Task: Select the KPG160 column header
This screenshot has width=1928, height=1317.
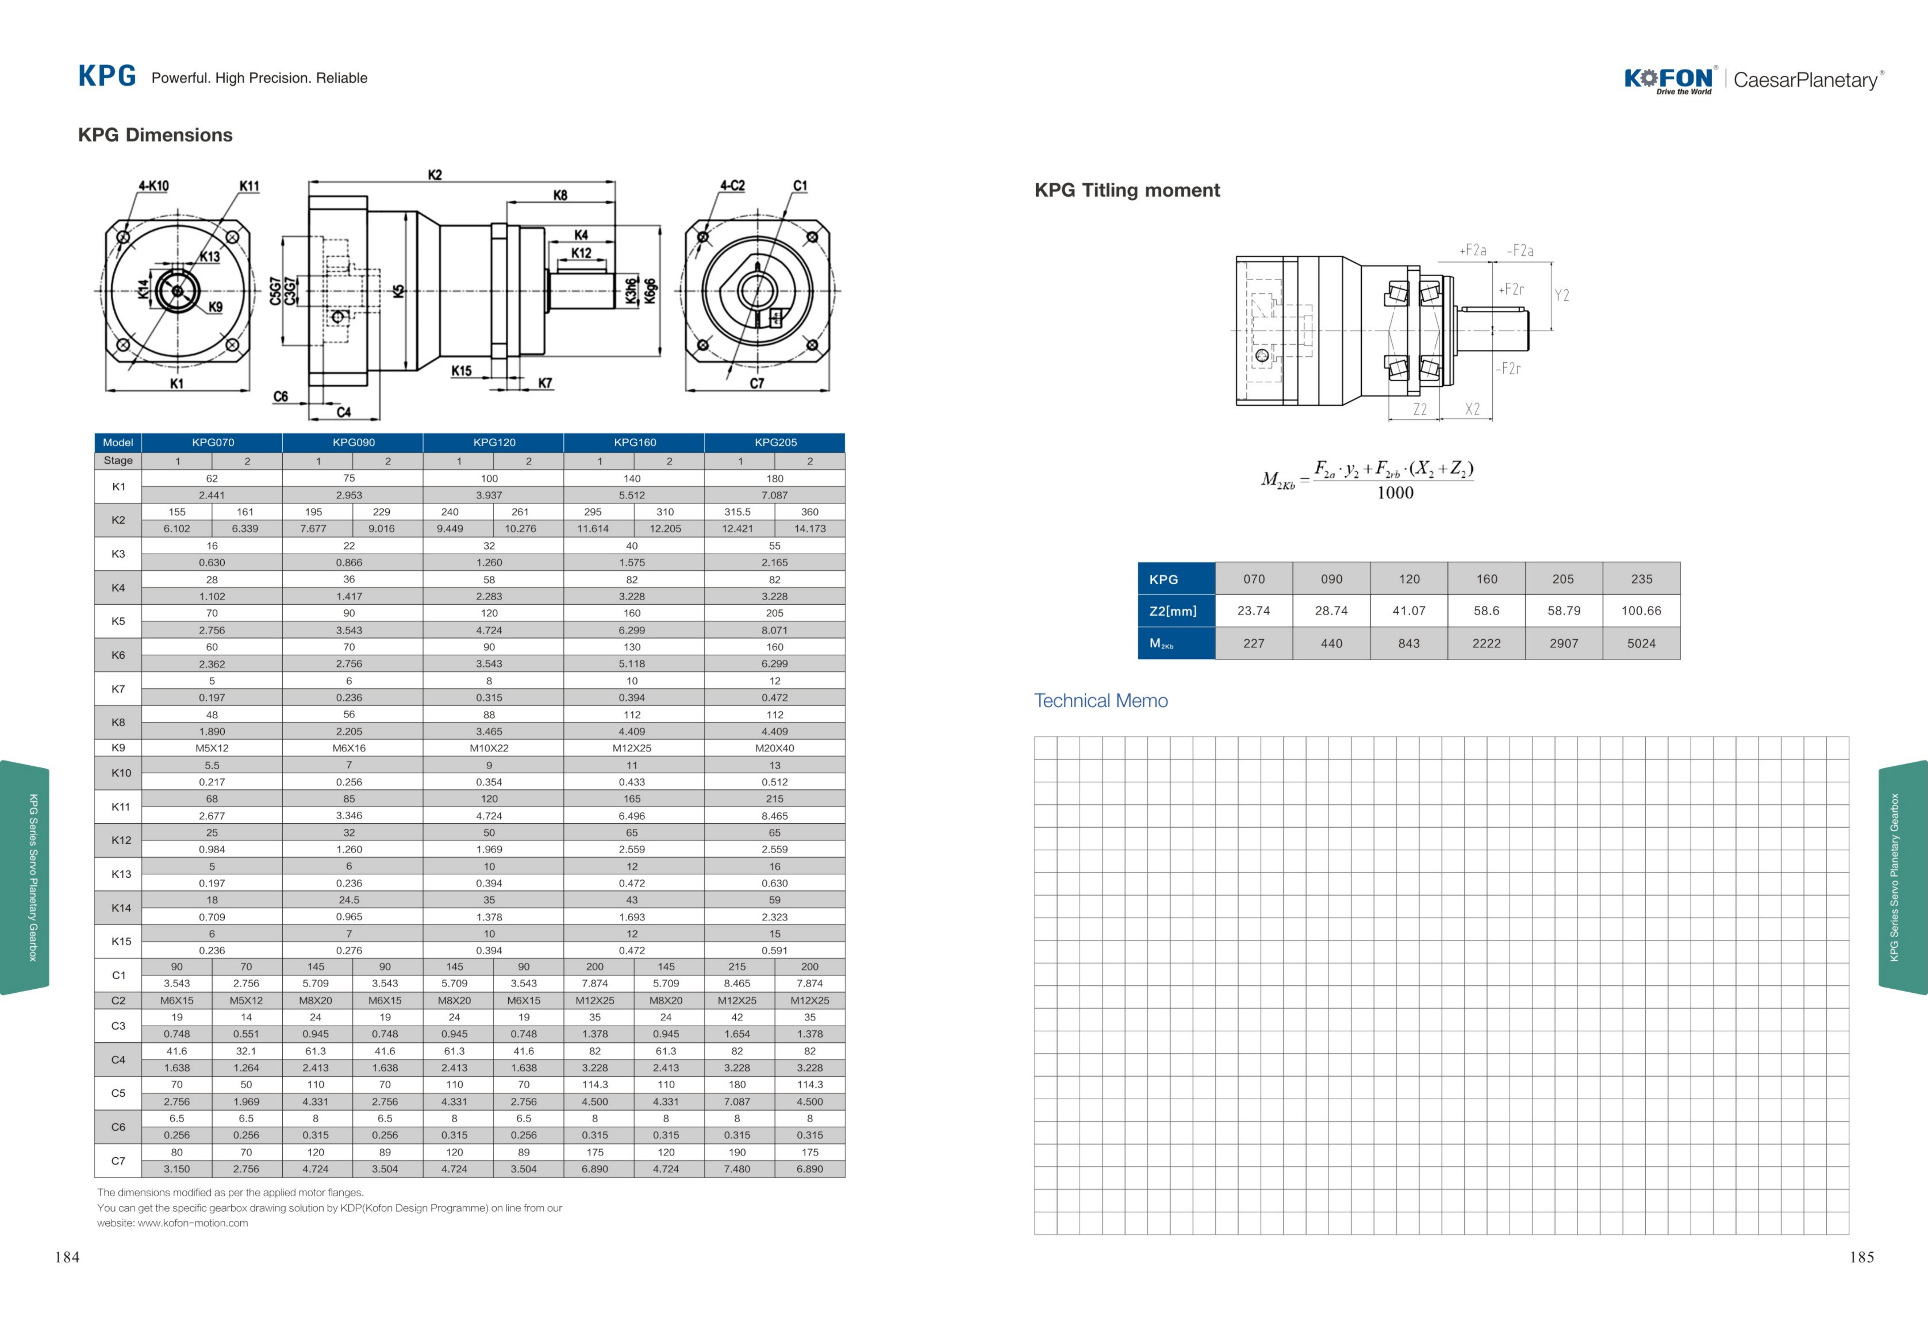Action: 635,442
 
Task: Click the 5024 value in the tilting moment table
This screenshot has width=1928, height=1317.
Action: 1641,643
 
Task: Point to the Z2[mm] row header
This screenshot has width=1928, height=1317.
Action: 1173,611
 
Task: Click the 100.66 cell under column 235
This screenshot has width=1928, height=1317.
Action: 1641,611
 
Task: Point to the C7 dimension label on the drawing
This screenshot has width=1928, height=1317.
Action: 756,383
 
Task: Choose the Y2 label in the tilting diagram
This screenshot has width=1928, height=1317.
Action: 1562,295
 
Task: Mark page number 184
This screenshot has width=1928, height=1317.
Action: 67,1257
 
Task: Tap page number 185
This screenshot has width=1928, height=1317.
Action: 1862,1257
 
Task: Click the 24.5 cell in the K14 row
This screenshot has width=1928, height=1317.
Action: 349,899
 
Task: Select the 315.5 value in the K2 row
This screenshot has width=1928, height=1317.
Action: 738,512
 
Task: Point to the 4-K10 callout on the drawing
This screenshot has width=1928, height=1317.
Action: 154,186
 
